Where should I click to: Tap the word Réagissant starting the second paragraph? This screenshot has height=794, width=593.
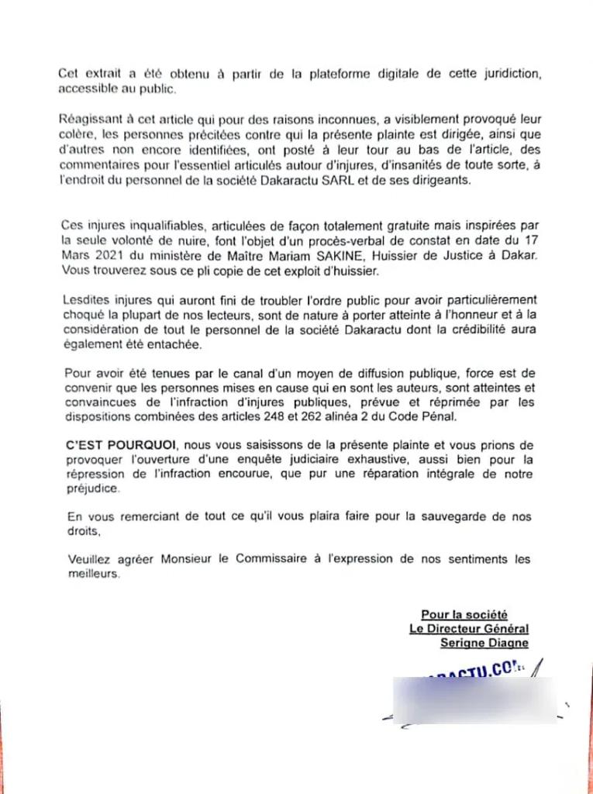(91, 119)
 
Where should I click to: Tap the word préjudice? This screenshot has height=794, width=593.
(89, 491)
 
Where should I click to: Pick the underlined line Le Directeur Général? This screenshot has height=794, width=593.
(469, 629)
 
